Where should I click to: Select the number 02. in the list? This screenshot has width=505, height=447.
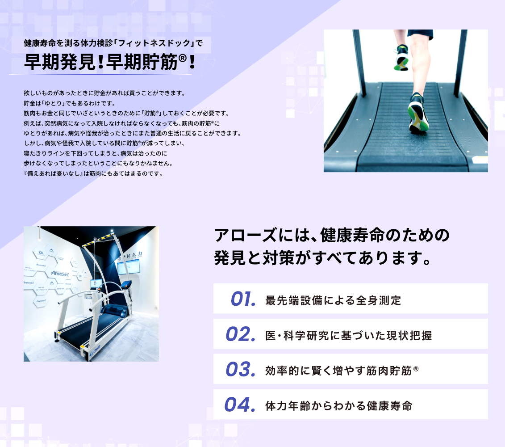(241, 334)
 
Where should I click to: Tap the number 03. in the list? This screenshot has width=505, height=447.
(241, 369)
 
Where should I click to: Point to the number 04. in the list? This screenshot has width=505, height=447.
(240, 405)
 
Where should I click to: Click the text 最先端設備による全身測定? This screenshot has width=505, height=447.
(333, 300)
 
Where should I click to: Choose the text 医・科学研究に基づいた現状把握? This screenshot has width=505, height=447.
(348, 335)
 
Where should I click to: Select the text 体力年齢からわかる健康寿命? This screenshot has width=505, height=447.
(339, 406)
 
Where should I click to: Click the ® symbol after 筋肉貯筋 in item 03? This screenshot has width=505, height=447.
(416, 368)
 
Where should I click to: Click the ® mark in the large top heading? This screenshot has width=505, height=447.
(182, 58)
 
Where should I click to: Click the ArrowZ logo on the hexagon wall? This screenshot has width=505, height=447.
(60, 274)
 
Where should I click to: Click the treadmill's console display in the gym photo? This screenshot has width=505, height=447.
(126, 284)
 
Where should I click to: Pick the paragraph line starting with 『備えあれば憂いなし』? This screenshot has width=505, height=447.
(93, 173)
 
